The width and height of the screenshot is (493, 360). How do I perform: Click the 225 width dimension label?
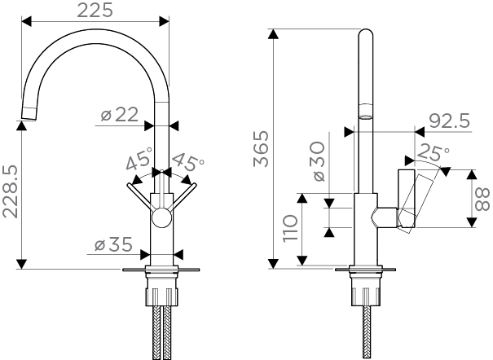[95, 10]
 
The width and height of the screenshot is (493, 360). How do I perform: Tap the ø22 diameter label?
[120, 114]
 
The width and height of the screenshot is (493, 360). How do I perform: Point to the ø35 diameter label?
[113, 244]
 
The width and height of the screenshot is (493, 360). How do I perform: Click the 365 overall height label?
[261, 149]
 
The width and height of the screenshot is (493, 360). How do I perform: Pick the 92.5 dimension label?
[450, 121]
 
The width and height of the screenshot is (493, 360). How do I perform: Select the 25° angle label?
[433, 152]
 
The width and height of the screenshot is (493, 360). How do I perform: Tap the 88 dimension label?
[482, 199]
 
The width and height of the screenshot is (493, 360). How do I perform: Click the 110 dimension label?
[290, 228]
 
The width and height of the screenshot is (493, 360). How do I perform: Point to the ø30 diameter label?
[319, 161]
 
